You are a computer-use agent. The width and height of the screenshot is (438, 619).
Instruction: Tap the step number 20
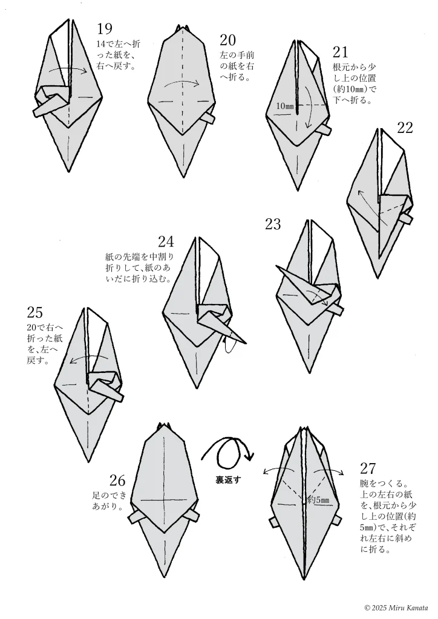coord(227,41)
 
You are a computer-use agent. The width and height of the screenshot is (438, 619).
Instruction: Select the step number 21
coord(341,53)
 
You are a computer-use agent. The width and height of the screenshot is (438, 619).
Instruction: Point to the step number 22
coord(405,128)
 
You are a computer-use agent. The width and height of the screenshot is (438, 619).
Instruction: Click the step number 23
coord(273,224)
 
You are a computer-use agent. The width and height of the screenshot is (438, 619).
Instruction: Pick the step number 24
coord(166,242)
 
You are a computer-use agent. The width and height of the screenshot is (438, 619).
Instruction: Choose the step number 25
coord(35,313)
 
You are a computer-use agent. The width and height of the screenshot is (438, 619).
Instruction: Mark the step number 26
coord(117,481)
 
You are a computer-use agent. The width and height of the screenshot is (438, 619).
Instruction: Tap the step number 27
coord(368,468)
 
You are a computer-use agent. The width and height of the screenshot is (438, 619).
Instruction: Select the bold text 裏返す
coord(229,480)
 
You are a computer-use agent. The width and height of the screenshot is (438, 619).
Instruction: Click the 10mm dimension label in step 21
coord(284,106)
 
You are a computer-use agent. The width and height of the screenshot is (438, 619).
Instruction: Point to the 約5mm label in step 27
coord(318,500)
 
